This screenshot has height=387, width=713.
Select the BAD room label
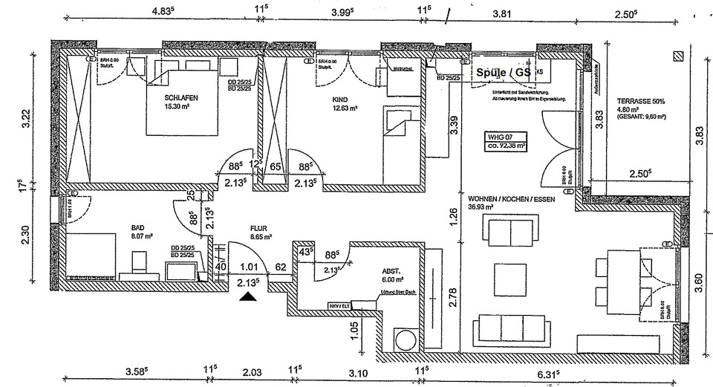tap(138, 230)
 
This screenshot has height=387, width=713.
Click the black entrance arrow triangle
tap(248, 297)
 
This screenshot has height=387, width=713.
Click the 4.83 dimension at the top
tap(163, 10)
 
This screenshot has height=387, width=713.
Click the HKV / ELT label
tap(339, 305)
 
